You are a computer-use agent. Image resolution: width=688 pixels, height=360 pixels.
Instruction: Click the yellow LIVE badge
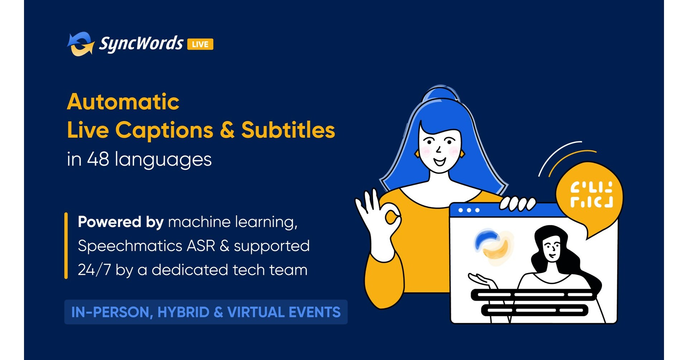[200, 44]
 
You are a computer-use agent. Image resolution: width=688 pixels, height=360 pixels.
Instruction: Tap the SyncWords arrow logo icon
[81, 44]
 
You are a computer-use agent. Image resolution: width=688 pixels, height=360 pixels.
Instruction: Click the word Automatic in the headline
[123, 102]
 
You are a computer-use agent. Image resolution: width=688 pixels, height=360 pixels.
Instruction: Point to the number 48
[98, 159]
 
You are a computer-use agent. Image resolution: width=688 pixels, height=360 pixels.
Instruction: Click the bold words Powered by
[121, 222]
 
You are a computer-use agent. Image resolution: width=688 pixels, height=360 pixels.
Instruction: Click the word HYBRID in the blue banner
[183, 312]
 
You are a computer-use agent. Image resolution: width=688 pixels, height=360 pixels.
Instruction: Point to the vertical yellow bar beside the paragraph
[66, 246]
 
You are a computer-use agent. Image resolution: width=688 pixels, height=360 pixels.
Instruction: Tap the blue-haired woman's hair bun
[440, 94]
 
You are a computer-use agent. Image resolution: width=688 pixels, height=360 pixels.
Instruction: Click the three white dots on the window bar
[469, 210]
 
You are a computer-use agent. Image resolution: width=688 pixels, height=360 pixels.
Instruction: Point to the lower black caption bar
[534, 310]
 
